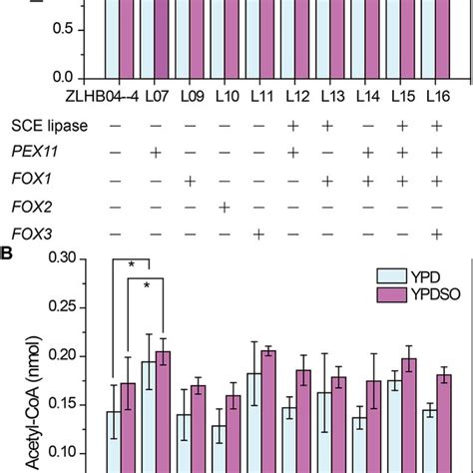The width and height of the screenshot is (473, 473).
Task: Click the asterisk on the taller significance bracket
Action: pyautogui.click(x=130, y=262)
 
